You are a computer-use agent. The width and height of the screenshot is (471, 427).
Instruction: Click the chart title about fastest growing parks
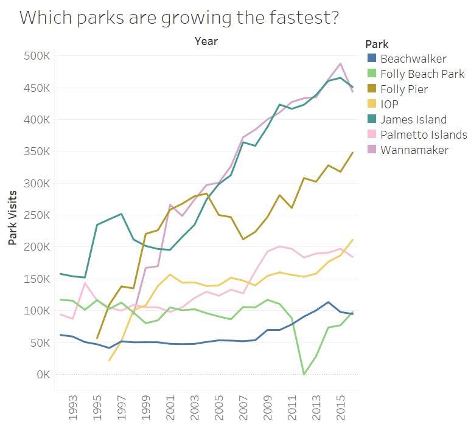[x=179, y=18]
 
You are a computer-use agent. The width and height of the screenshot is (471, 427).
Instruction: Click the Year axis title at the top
[x=206, y=41]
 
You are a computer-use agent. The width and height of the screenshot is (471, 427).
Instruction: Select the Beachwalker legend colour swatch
[x=372, y=59]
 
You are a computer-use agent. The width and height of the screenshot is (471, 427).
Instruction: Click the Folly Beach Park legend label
[x=422, y=74]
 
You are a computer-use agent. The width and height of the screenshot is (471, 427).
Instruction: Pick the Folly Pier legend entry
[x=404, y=89]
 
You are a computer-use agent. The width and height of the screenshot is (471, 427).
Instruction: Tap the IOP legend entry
[x=389, y=105]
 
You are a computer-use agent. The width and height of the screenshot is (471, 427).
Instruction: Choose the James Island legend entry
[x=413, y=120]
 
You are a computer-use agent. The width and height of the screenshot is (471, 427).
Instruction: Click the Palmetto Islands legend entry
[x=424, y=134]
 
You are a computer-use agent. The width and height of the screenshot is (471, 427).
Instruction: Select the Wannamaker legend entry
[x=414, y=150]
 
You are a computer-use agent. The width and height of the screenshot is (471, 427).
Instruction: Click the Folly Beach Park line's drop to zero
[x=304, y=374]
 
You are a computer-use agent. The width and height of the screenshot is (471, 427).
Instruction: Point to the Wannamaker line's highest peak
[x=340, y=63]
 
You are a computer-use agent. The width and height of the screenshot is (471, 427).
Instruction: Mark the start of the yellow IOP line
[x=110, y=360]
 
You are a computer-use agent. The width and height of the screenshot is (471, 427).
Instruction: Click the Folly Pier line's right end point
[x=353, y=153]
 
